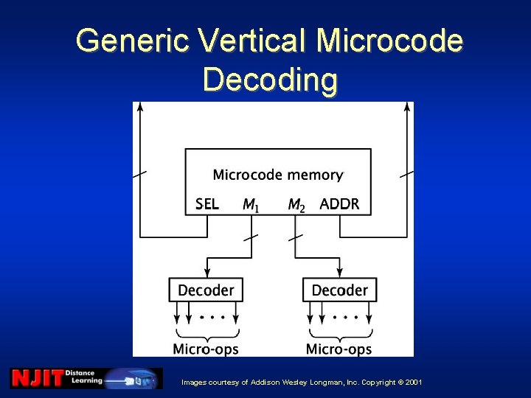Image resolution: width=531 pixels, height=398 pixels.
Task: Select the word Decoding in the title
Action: coord(270,79)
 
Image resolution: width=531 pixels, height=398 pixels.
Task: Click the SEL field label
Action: coord(207,203)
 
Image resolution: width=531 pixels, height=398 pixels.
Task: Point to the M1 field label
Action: coord(251,204)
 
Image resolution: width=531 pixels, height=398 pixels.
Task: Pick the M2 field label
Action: coord(296,204)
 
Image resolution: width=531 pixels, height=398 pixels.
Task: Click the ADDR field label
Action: coord(339,203)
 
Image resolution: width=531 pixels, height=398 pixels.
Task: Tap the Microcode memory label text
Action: coord(277,175)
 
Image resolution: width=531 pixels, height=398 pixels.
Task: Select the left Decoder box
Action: coord(206,290)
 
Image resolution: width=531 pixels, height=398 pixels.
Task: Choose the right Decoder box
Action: coord(340,290)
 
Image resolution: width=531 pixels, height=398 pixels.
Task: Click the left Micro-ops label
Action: coord(206,348)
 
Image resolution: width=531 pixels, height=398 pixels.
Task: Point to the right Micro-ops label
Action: coord(339,348)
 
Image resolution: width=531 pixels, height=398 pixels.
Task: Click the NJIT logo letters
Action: coord(36,378)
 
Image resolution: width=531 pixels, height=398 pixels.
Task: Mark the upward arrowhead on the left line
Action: coord(140,108)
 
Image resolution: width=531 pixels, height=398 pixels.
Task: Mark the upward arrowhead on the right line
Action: coord(407,108)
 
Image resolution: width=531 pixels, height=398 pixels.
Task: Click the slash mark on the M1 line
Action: coord(251,237)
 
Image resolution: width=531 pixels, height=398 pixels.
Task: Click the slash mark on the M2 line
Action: coord(295,237)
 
